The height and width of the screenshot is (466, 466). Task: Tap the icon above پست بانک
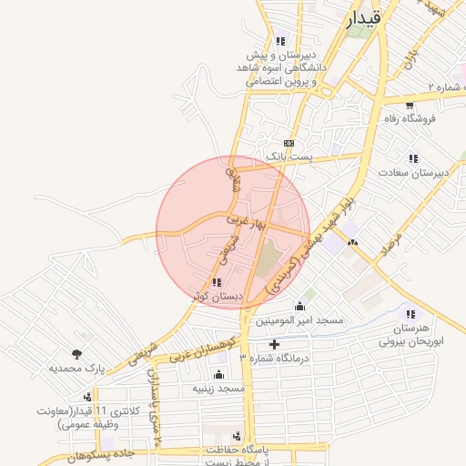289,143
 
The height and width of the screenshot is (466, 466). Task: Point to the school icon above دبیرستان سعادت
414,158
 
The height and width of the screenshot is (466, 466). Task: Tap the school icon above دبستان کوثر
215,283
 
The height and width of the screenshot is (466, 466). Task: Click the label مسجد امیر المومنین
299,320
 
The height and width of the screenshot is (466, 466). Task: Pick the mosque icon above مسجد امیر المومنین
299,306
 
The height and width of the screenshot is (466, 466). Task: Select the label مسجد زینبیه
218,389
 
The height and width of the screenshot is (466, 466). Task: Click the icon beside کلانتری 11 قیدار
86,396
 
